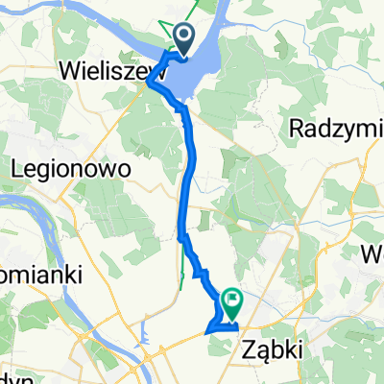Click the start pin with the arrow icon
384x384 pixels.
pyautogui.click(x=180, y=39)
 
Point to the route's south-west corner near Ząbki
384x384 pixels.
pyautogui.click(x=206, y=333)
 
